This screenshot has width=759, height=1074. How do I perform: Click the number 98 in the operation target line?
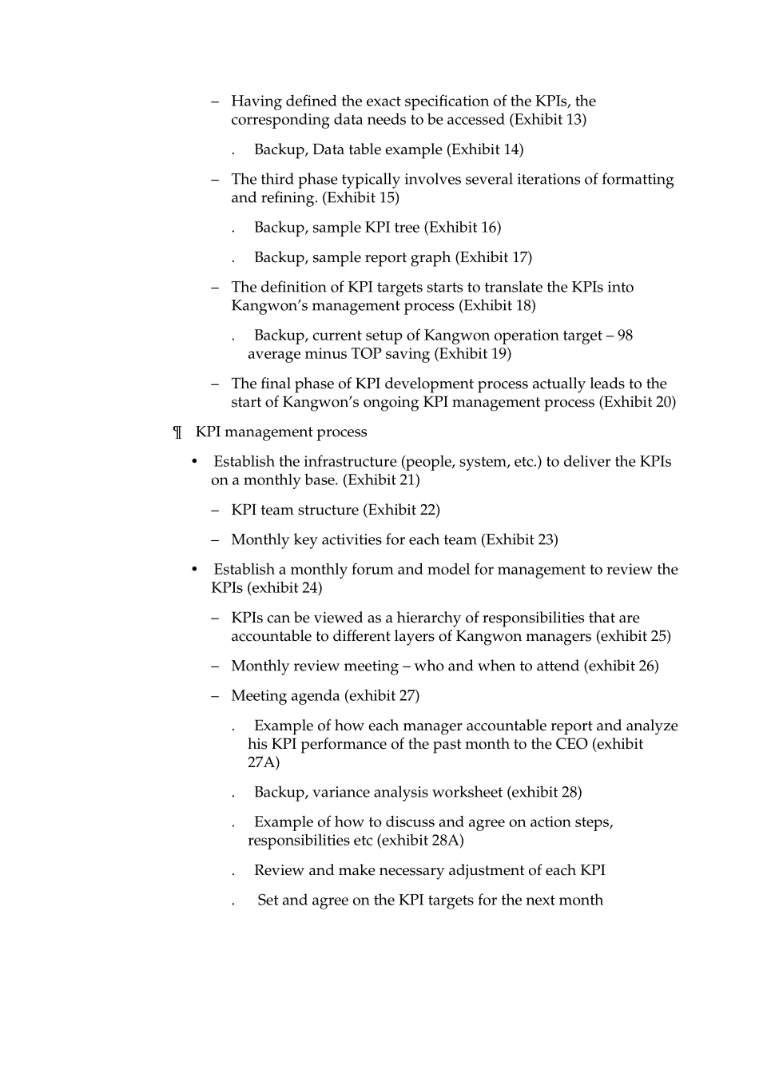point(625,336)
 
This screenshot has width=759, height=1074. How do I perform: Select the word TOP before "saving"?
point(366,354)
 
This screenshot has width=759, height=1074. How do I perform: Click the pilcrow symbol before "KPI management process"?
point(178,432)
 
